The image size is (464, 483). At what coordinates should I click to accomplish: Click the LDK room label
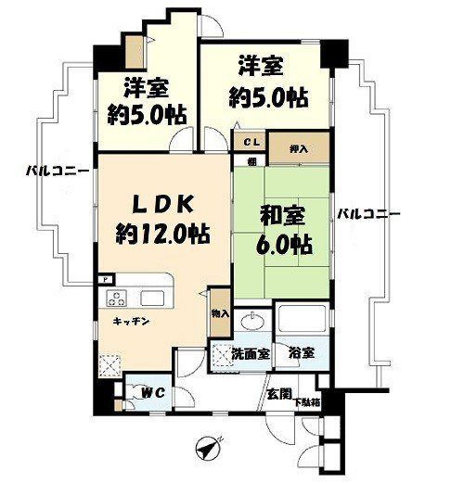(163, 204)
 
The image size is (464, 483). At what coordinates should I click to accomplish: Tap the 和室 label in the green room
(283, 215)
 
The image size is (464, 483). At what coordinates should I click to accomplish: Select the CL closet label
(253, 143)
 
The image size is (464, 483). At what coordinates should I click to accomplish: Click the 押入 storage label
(299, 149)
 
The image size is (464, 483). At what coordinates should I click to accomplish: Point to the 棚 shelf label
(252, 161)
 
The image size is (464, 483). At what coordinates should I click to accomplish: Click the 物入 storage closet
(220, 313)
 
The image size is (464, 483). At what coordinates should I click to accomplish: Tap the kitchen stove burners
(116, 299)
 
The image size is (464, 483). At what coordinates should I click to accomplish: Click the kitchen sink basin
(152, 299)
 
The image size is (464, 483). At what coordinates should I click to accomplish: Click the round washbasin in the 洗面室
(252, 321)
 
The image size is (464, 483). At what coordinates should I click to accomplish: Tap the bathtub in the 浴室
(303, 318)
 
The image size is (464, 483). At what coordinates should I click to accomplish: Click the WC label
(152, 393)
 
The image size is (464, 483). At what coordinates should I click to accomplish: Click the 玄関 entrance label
(279, 394)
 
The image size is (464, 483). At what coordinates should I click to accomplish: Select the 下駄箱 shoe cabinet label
(307, 402)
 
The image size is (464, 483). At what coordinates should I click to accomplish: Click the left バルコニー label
(58, 171)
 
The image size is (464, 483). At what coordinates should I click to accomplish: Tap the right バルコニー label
(368, 214)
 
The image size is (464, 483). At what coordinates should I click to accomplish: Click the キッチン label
(132, 322)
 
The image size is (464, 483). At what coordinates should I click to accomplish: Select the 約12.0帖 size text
(163, 234)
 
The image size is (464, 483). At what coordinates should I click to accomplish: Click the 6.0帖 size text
(284, 245)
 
